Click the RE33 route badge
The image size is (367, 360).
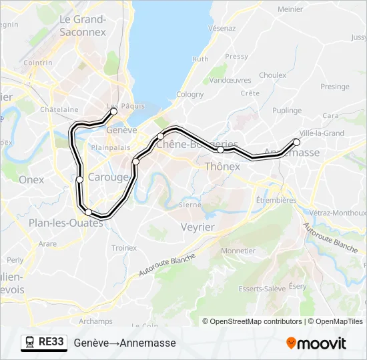coord(44,342)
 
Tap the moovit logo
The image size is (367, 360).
coord(316,343)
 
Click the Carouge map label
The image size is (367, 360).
coord(108,177)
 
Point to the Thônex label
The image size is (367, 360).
coord(222,167)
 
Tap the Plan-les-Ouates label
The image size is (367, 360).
coord(65,223)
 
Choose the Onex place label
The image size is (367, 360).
coord(31,179)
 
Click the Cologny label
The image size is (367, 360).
coord(190,95)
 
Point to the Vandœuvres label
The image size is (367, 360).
coord(226,80)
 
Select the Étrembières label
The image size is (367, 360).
coord(276,199)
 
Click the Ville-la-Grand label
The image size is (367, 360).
coord(322,133)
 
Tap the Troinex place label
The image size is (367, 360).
coord(123,248)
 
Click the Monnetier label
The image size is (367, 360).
coord(238,251)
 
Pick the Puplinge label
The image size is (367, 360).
coord(287,111)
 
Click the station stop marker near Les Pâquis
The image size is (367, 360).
coord(113,111)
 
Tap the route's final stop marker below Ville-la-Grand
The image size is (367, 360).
coord(297,142)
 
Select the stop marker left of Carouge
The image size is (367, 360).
coord(79,179)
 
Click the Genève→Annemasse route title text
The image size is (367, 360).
coord(125,343)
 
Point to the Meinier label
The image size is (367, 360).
coord(290,9)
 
